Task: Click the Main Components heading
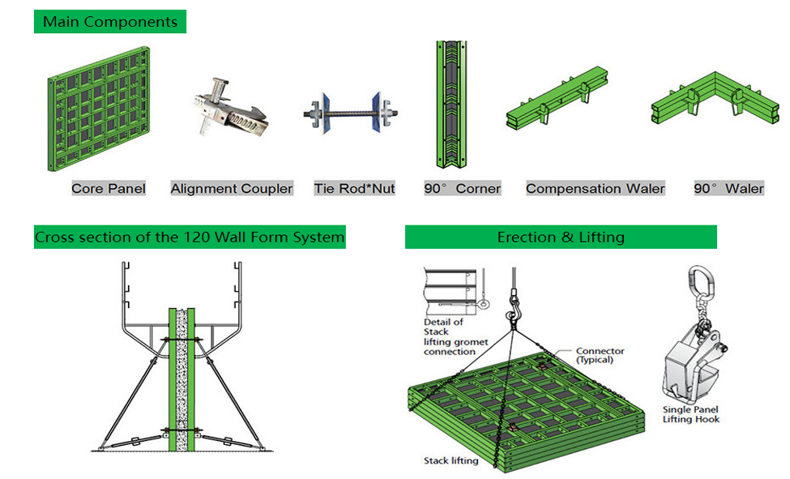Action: pos(110,22)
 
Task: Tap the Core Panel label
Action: pos(109,189)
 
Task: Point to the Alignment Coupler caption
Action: pos(232,189)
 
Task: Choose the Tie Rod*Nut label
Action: pos(355,189)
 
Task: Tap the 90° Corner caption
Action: pos(462,189)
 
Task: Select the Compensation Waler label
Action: pos(596,189)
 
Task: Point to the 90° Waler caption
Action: pos(728,189)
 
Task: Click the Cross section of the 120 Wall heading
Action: pos(190,238)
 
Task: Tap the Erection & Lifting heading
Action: pos(561,237)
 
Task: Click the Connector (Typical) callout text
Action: pos(600,355)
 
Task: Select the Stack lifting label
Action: pos(451,461)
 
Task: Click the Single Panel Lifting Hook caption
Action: pos(691,414)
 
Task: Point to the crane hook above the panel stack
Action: pos(513,311)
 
